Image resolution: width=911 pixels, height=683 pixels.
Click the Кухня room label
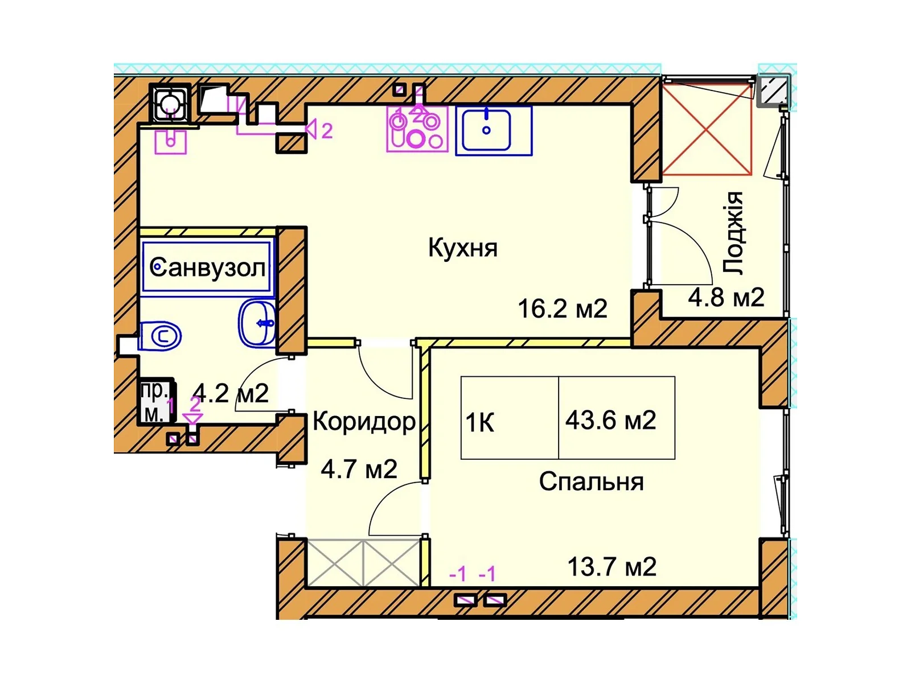tap(462, 248)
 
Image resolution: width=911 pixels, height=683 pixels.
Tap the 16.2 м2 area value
tap(563, 309)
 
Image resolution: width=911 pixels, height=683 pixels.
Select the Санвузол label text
tap(207, 268)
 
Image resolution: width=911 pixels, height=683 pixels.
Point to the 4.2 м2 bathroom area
tap(231, 393)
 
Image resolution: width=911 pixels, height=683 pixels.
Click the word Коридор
tap(364, 422)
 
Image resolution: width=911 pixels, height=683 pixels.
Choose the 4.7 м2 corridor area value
tap(359, 470)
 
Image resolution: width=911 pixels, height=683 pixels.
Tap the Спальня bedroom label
tap(591, 482)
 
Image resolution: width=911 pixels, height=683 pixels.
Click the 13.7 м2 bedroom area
tap(612, 567)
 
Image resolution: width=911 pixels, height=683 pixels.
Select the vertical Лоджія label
tap(732, 233)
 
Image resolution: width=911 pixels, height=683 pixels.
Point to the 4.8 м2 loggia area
tap(726, 298)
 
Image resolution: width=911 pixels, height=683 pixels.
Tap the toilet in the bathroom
tap(160, 335)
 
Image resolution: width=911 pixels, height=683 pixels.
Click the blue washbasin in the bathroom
tap(257, 322)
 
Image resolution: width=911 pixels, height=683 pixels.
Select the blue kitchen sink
tap(494, 131)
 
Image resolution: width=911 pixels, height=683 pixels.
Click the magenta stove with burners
tap(417, 129)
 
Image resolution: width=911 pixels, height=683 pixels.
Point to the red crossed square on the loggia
tap(706, 129)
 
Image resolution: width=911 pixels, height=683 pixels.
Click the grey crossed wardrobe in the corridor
tap(363, 563)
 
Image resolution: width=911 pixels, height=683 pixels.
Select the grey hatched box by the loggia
tap(772, 90)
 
